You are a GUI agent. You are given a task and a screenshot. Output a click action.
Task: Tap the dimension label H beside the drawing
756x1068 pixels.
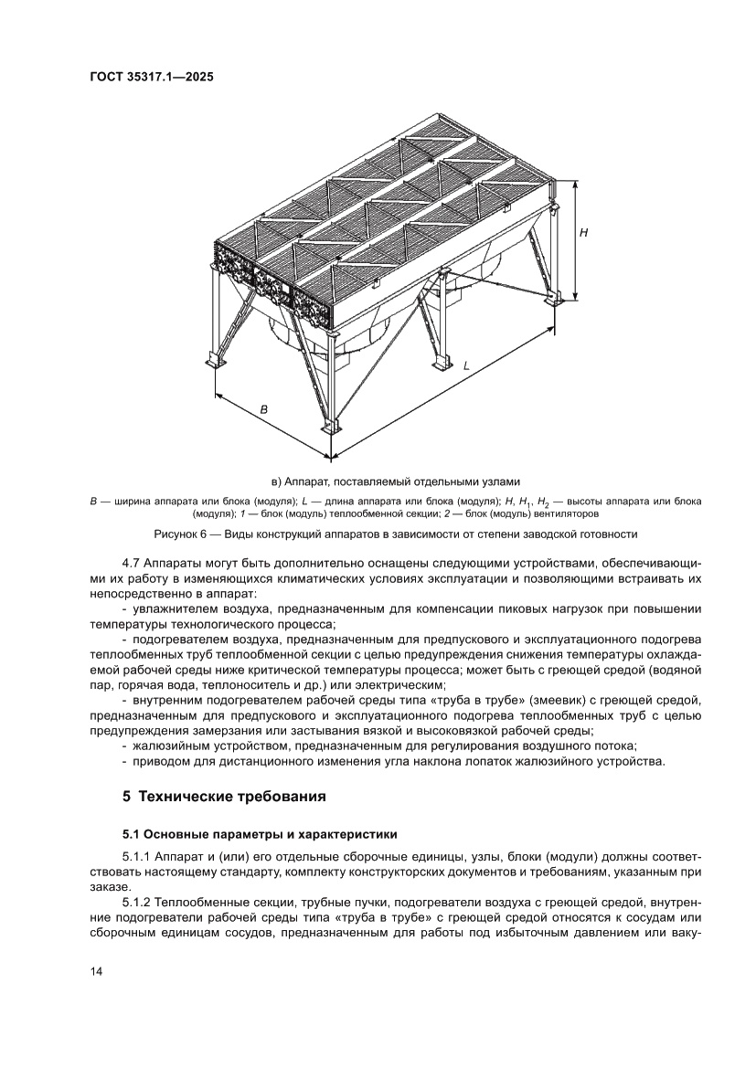[583, 233]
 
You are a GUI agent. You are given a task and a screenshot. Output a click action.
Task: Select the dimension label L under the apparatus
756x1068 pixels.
[466, 365]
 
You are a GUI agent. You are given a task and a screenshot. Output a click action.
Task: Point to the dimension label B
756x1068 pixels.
[264, 410]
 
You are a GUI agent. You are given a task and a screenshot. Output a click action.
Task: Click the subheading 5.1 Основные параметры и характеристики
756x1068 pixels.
[261, 834]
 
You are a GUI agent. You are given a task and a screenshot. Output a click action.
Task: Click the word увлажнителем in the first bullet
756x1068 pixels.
[176, 609]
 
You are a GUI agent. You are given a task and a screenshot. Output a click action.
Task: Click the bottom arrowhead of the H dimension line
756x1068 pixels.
[575, 297]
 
